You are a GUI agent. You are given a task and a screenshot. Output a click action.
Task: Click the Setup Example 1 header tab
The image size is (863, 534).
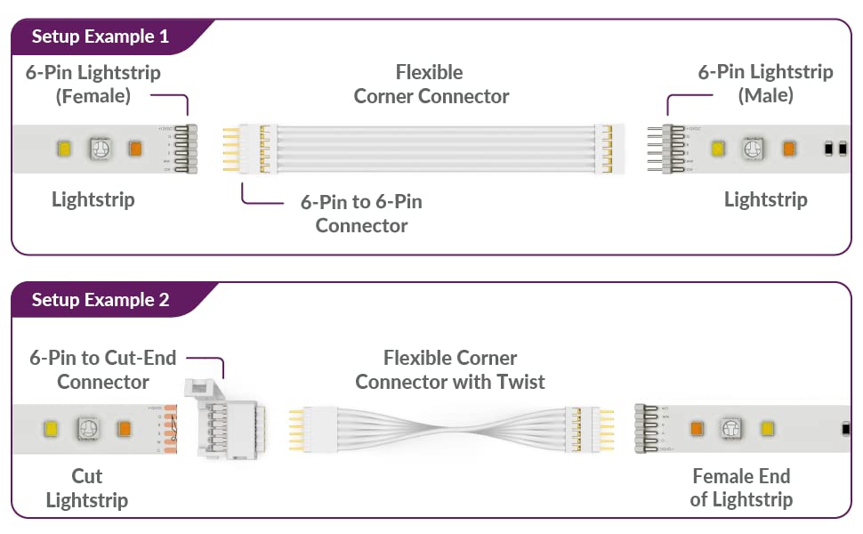(x=100, y=36)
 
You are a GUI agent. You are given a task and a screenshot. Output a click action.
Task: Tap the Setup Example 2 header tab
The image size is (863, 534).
(x=100, y=300)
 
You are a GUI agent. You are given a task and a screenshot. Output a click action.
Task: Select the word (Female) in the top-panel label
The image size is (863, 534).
(x=93, y=95)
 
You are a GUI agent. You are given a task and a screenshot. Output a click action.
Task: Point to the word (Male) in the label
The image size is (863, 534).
(x=765, y=94)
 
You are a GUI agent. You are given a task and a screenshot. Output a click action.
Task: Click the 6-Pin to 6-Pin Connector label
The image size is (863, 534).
(x=360, y=214)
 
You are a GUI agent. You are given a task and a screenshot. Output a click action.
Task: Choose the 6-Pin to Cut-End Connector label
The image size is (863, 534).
(x=103, y=369)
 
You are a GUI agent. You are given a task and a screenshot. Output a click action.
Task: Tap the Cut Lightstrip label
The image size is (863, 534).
(x=86, y=488)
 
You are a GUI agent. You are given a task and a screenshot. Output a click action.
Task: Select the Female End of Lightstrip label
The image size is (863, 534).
(x=740, y=488)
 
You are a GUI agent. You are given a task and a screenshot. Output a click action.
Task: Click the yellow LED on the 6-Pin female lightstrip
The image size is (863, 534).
(x=63, y=149)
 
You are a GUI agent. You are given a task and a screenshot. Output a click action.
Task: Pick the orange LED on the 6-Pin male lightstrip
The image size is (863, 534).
(x=787, y=149)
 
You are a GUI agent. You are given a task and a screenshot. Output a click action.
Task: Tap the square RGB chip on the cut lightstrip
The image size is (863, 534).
(x=88, y=429)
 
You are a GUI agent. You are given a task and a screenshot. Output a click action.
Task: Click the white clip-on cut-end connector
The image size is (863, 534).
(x=227, y=419)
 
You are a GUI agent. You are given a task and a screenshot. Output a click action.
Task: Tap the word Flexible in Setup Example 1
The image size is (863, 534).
(x=430, y=72)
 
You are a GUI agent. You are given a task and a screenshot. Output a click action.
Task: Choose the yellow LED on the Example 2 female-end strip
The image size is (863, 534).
(x=766, y=429)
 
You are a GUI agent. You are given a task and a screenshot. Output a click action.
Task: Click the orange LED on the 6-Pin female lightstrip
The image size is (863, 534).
(x=135, y=149)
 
